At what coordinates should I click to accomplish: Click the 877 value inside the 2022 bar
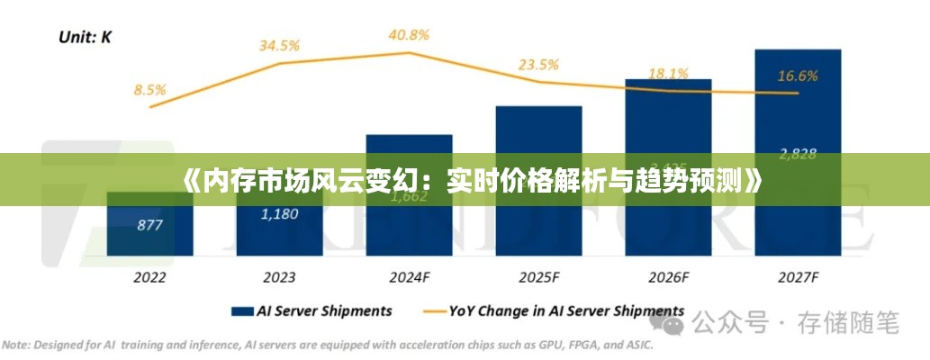pos(149,225)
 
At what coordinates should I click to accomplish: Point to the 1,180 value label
pos(279,214)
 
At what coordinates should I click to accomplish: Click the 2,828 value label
pos(798,154)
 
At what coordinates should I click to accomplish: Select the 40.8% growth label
pos(409,35)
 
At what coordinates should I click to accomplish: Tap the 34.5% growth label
pos(280,45)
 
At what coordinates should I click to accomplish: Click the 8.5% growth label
pos(149,89)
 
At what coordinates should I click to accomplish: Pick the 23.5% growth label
pos(538,64)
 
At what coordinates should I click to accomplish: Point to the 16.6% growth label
pos(798,76)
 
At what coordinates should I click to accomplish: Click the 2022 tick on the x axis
pos(149,277)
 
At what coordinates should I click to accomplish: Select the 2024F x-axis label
pos(410,277)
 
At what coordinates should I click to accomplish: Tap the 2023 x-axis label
pos(279,277)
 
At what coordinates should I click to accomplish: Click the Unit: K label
pos(86,37)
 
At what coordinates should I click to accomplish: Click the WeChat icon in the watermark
pos(673,320)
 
